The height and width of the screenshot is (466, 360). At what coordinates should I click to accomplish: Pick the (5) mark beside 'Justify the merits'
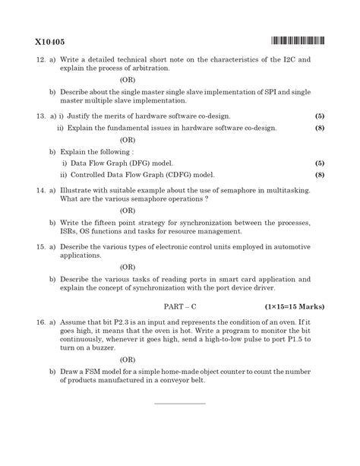tap(320, 115)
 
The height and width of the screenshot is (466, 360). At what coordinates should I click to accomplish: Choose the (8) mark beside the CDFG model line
tap(320, 175)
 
